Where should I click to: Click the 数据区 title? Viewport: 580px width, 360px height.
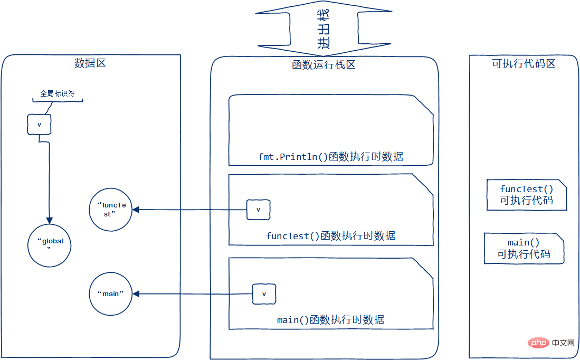[90, 63]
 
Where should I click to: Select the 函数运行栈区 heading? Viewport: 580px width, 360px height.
[324, 65]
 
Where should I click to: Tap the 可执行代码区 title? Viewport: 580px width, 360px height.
[524, 63]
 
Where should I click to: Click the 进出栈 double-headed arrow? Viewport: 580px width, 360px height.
[324, 28]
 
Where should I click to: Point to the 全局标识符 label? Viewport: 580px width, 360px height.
[58, 93]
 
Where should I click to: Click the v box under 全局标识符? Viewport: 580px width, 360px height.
[39, 125]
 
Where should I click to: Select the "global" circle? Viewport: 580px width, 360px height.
[49, 244]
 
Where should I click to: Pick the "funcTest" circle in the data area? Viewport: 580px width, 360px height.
[111, 210]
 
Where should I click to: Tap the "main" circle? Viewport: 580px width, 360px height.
[111, 294]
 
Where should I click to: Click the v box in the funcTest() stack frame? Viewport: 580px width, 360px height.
[258, 210]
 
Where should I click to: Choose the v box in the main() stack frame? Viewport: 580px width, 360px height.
[264, 294]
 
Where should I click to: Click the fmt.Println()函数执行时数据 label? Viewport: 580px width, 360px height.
[331, 156]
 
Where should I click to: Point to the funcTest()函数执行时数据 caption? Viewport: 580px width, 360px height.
[331, 236]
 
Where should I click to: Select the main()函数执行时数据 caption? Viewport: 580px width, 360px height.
[331, 319]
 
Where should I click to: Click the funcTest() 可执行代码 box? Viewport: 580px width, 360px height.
[526, 195]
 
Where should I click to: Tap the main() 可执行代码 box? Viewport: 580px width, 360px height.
[524, 248]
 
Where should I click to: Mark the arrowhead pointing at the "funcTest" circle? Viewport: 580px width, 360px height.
[136, 210]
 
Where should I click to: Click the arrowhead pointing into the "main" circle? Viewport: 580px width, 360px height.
[136, 294]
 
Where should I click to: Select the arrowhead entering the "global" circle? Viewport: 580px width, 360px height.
[49, 221]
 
